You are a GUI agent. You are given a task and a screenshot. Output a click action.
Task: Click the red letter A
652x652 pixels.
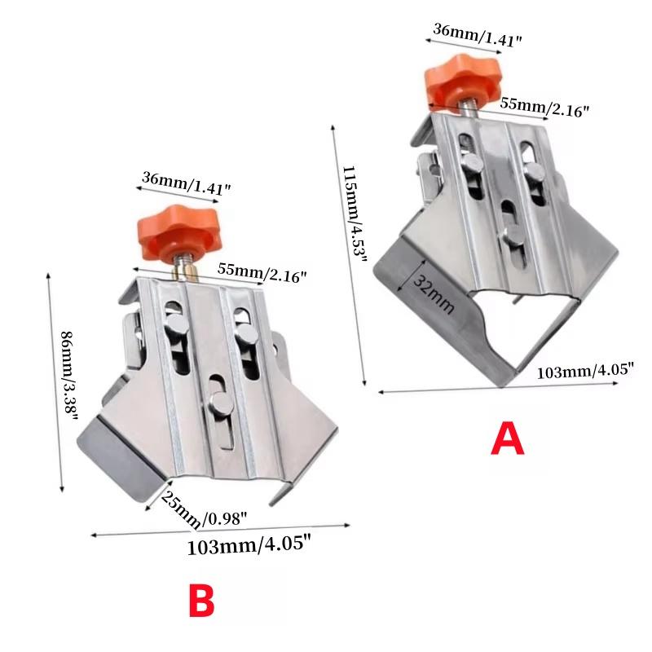(507, 438)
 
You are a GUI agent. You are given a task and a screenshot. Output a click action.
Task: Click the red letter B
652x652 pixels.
(201, 601)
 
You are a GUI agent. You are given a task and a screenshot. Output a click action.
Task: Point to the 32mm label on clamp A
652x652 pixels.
(434, 294)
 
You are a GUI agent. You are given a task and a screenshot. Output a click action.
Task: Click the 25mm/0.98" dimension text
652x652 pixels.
(202, 511)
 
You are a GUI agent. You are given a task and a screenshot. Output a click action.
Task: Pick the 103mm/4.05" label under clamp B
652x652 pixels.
(249, 545)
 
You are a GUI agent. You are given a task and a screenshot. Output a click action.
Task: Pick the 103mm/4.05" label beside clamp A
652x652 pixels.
(585, 371)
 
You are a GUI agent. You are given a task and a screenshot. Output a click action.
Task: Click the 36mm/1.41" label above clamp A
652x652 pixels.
(478, 35)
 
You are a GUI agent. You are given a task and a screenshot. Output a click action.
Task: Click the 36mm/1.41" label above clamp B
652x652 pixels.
(186, 183)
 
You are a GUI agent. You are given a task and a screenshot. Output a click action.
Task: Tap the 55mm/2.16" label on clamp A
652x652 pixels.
(544, 107)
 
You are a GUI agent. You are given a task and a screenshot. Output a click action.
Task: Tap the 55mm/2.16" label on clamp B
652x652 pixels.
(262, 273)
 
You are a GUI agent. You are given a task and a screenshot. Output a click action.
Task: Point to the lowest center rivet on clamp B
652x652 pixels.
(221, 403)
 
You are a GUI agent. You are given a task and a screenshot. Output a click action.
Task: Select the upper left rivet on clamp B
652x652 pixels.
(176, 325)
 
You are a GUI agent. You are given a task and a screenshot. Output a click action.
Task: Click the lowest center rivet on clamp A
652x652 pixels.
(513, 236)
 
